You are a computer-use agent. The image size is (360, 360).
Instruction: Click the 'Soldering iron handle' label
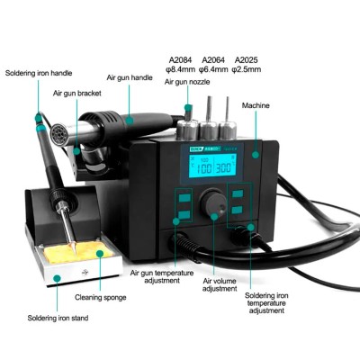[39, 73]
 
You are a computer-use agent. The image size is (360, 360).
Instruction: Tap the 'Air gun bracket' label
[77, 94]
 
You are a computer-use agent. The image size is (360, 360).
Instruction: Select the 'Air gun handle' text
[130, 77]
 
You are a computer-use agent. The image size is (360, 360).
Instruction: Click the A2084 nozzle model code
[180, 60]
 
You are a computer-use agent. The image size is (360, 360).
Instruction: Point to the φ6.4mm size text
[213, 69]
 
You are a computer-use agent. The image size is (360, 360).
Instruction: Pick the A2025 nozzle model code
[246, 60]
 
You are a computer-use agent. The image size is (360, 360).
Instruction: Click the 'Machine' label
[256, 105]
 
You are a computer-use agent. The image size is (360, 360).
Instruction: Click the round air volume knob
[213, 202]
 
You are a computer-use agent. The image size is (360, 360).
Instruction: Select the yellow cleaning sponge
[78, 252]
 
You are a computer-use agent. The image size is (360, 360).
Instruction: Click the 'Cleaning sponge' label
[101, 298]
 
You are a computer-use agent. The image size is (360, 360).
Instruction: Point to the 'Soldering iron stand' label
[58, 318]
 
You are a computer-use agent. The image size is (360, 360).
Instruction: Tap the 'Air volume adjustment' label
[220, 284]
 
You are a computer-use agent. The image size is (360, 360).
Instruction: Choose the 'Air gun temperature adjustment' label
[162, 276]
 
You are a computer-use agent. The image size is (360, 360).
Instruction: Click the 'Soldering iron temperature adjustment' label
[266, 303]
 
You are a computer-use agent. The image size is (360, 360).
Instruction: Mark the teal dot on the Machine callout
[256, 155]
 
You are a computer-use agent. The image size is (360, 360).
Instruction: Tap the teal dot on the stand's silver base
[57, 279]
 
